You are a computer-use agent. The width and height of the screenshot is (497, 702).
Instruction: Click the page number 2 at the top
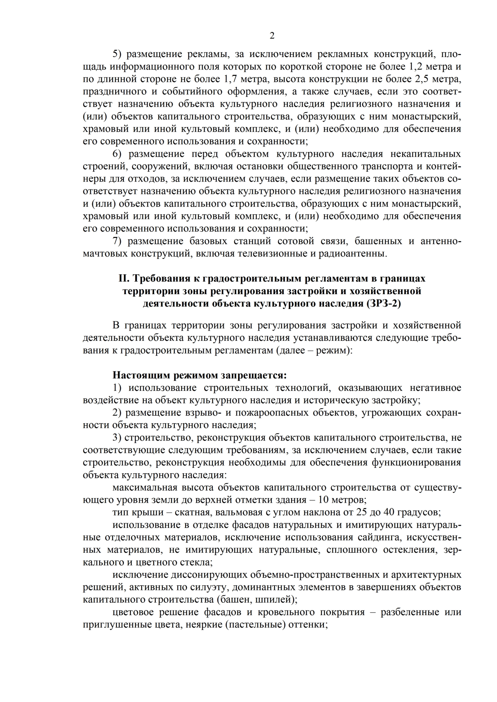pos(272,36)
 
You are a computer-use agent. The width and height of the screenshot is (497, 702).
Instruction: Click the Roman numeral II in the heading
pos(124,278)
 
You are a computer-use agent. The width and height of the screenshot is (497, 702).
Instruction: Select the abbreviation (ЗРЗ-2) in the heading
pos(384,304)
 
